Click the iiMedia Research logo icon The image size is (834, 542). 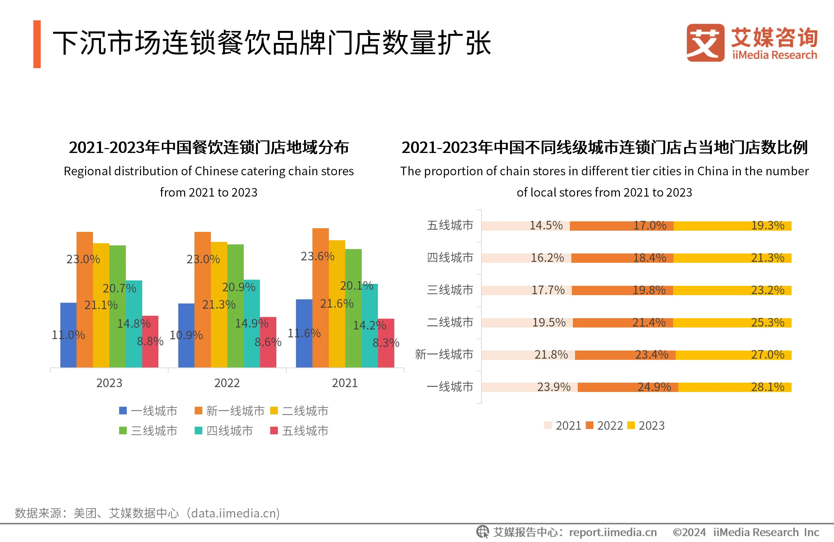pyautogui.click(x=706, y=43)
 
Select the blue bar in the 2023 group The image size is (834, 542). pyautogui.click(x=68, y=350)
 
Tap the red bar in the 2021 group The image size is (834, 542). pyautogui.click(x=386, y=357)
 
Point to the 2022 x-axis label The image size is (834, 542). pyautogui.click(x=227, y=383)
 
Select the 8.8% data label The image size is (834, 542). pyautogui.click(x=150, y=341)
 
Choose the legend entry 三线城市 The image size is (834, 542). pyautogui.click(x=148, y=431)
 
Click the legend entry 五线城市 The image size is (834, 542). pyautogui.click(x=300, y=431)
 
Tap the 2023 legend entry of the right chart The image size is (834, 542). pyautogui.click(x=646, y=425)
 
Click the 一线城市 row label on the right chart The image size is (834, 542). pyautogui.click(x=450, y=387)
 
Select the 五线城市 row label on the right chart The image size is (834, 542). pyautogui.click(x=450, y=225)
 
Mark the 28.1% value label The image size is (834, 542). pyautogui.click(x=767, y=387)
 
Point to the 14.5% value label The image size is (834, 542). pyautogui.click(x=546, y=226)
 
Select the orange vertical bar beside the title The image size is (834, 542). pyautogui.click(x=37, y=44)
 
